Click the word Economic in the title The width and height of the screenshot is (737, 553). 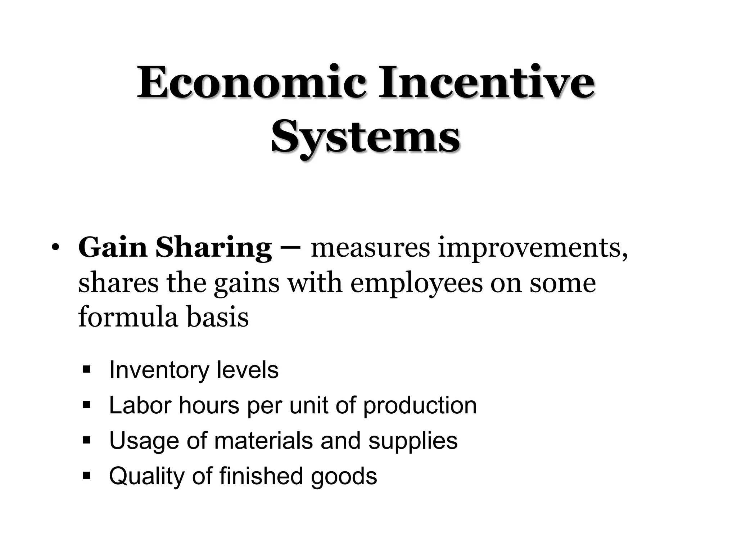click(252, 83)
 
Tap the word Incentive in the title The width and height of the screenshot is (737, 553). click(486, 83)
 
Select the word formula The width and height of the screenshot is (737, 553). click(128, 317)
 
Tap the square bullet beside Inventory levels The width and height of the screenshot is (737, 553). click(86, 369)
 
